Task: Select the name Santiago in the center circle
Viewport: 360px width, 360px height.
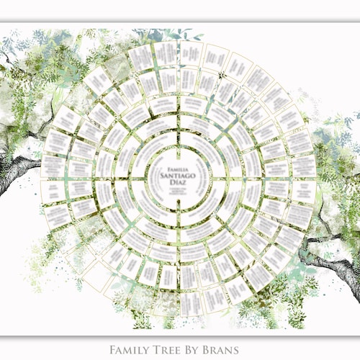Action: (179, 172)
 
